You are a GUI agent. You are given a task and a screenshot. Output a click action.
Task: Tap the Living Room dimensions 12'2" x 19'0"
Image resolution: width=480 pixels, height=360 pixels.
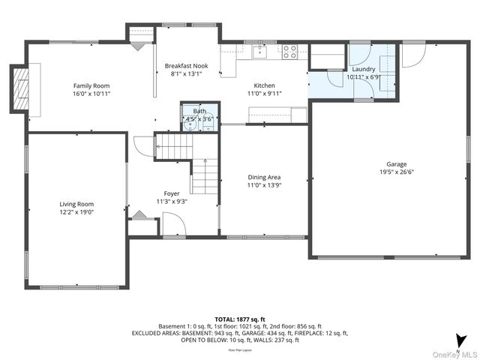[76, 212]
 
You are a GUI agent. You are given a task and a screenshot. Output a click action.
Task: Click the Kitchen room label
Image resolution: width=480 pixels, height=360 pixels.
[264, 85]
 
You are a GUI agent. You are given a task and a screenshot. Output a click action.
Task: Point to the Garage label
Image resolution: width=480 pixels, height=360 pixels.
[397, 163]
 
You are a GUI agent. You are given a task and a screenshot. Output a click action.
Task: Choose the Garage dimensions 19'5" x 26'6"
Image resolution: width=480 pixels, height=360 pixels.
[397, 172]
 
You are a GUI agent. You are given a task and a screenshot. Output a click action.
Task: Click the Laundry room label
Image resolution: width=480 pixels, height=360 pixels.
[364, 69]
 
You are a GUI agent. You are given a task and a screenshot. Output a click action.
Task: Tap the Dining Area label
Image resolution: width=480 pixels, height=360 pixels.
[264, 178]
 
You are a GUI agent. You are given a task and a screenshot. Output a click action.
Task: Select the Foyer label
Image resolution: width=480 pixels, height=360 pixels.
[172, 193]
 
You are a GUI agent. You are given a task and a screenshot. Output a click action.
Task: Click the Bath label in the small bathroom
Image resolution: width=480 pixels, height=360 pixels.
[199, 111]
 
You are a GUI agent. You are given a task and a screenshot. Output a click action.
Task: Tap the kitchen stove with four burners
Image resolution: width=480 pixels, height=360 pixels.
[289, 51]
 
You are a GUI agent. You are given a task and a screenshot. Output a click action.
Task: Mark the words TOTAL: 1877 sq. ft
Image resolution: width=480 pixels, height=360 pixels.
[240, 319]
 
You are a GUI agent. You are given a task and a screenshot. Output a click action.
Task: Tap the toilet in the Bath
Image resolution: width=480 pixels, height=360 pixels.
[207, 125]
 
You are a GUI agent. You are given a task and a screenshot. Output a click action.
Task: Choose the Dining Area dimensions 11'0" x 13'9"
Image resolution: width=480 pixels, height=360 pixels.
[264, 186]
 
